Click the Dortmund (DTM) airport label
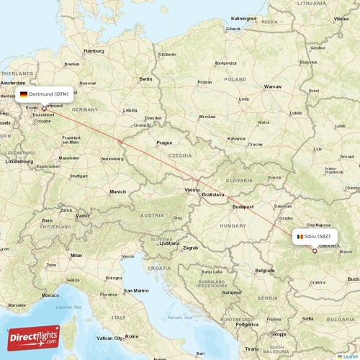click(44, 94)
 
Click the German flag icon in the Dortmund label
click(24, 94)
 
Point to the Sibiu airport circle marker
click(315, 251)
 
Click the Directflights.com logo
click(34, 338)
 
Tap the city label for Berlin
click(145, 78)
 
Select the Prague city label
click(164, 143)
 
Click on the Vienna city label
click(192, 189)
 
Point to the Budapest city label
click(243, 207)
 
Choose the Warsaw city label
click(272, 86)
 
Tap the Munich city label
click(117, 192)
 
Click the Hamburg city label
click(94, 51)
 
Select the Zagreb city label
click(190, 248)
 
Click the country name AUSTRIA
click(152, 215)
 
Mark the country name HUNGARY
click(233, 225)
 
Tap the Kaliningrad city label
click(244, 18)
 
